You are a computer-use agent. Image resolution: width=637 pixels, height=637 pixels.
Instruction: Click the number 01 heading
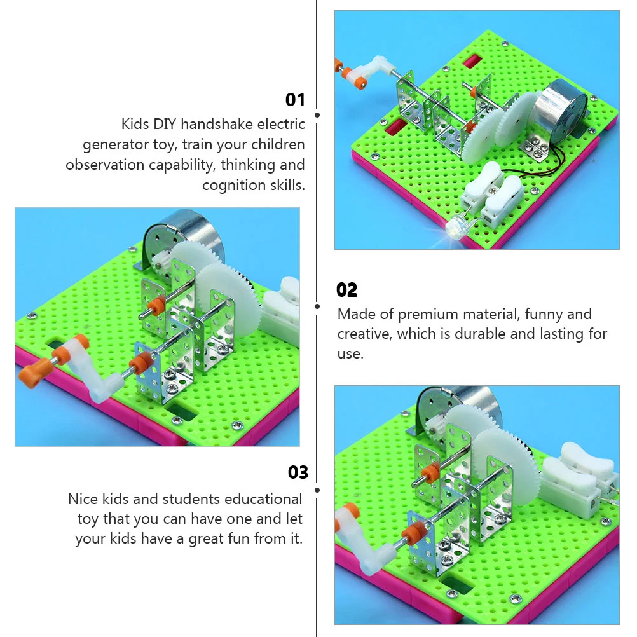point(295,100)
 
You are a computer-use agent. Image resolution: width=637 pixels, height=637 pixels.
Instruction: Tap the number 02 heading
point(346,290)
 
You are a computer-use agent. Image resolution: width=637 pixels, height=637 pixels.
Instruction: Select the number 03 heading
point(298,472)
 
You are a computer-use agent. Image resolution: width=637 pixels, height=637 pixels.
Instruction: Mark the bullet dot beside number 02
point(317,306)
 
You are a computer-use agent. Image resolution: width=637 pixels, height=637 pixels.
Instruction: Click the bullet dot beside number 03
point(317,490)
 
